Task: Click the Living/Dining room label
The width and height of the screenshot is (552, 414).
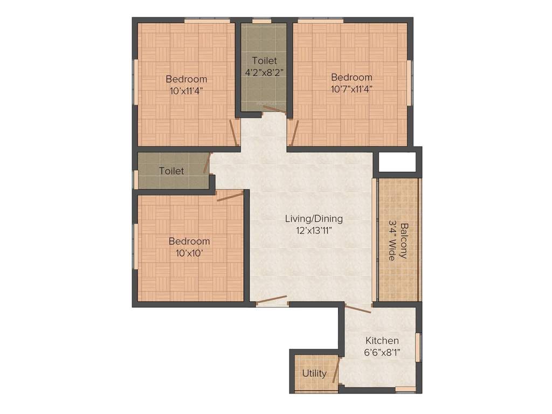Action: (314, 219)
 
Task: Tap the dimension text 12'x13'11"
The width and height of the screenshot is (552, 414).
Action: (314, 230)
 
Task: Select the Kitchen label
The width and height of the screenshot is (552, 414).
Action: (382, 341)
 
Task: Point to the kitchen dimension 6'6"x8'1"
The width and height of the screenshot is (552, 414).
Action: (382, 352)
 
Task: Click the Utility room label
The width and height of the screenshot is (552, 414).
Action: (314, 373)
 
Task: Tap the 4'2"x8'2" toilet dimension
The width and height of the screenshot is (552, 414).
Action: (264, 72)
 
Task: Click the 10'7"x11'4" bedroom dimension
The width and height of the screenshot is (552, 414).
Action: (351, 88)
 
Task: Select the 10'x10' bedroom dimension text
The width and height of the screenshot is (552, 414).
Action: (189, 252)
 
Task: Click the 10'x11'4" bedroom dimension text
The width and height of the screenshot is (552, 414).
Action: (187, 91)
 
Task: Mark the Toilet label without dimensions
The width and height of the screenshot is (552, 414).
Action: (171, 171)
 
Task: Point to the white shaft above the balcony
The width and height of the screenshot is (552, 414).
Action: (398, 162)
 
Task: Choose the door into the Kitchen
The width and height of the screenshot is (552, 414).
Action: (358, 308)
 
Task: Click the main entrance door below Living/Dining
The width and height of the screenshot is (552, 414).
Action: (271, 300)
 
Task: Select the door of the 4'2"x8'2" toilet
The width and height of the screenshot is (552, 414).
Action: (274, 110)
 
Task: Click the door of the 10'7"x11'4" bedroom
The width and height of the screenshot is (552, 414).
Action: (294, 133)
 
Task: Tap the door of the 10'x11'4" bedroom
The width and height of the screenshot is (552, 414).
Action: (234, 133)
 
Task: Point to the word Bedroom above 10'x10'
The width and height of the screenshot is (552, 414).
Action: (189, 241)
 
